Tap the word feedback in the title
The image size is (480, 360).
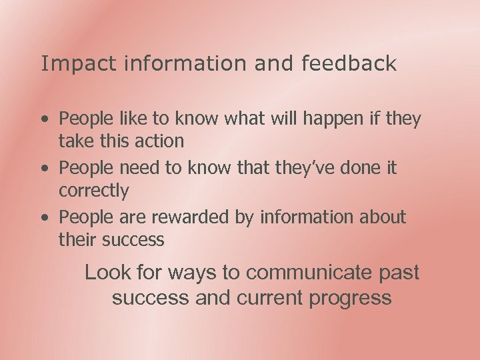pyautogui.click(x=349, y=64)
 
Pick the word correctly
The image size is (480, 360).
pyautogui.click(x=94, y=191)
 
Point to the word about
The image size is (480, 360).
pyautogui.click(x=382, y=218)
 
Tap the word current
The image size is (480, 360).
pyautogui.click(x=271, y=297)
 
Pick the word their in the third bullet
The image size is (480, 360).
pyautogui.click(x=77, y=240)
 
